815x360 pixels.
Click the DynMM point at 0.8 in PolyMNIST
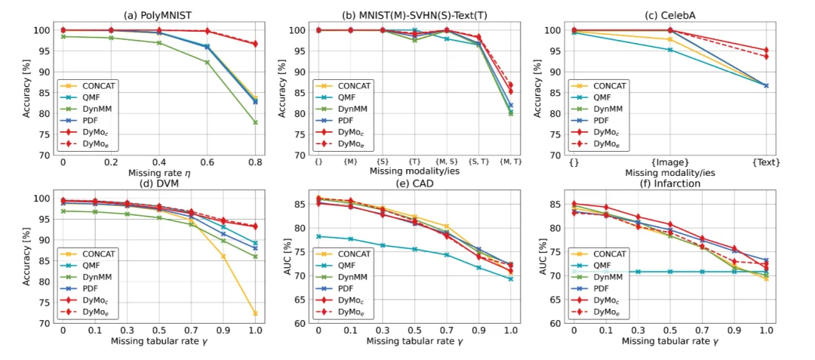(256, 122)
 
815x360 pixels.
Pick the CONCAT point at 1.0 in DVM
(256, 313)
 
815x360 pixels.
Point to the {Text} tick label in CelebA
(767, 162)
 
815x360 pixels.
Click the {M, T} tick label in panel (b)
(511, 162)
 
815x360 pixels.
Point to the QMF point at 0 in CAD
(318, 236)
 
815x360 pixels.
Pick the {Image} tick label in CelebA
(670, 162)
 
